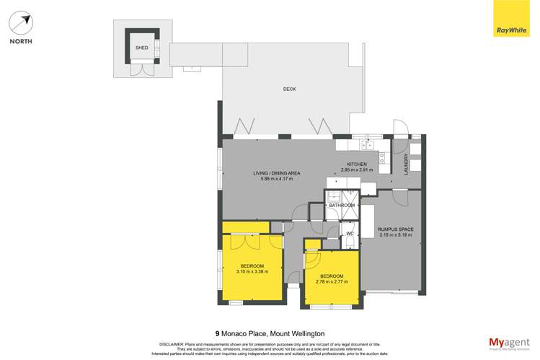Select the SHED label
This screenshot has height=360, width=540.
coord(141,48)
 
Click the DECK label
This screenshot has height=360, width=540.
coord(289,89)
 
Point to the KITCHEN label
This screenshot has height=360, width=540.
coord(358,164)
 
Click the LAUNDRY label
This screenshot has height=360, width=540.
coord(407,164)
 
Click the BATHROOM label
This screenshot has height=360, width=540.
coord(342,206)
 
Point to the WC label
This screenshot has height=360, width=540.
coord(349,234)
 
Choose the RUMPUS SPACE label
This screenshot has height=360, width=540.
coord(395,229)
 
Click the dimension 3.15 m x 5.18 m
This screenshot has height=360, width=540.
coord(395,235)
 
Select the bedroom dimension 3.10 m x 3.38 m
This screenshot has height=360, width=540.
coord(252,272)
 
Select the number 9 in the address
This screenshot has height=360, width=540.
coord(217,333)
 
